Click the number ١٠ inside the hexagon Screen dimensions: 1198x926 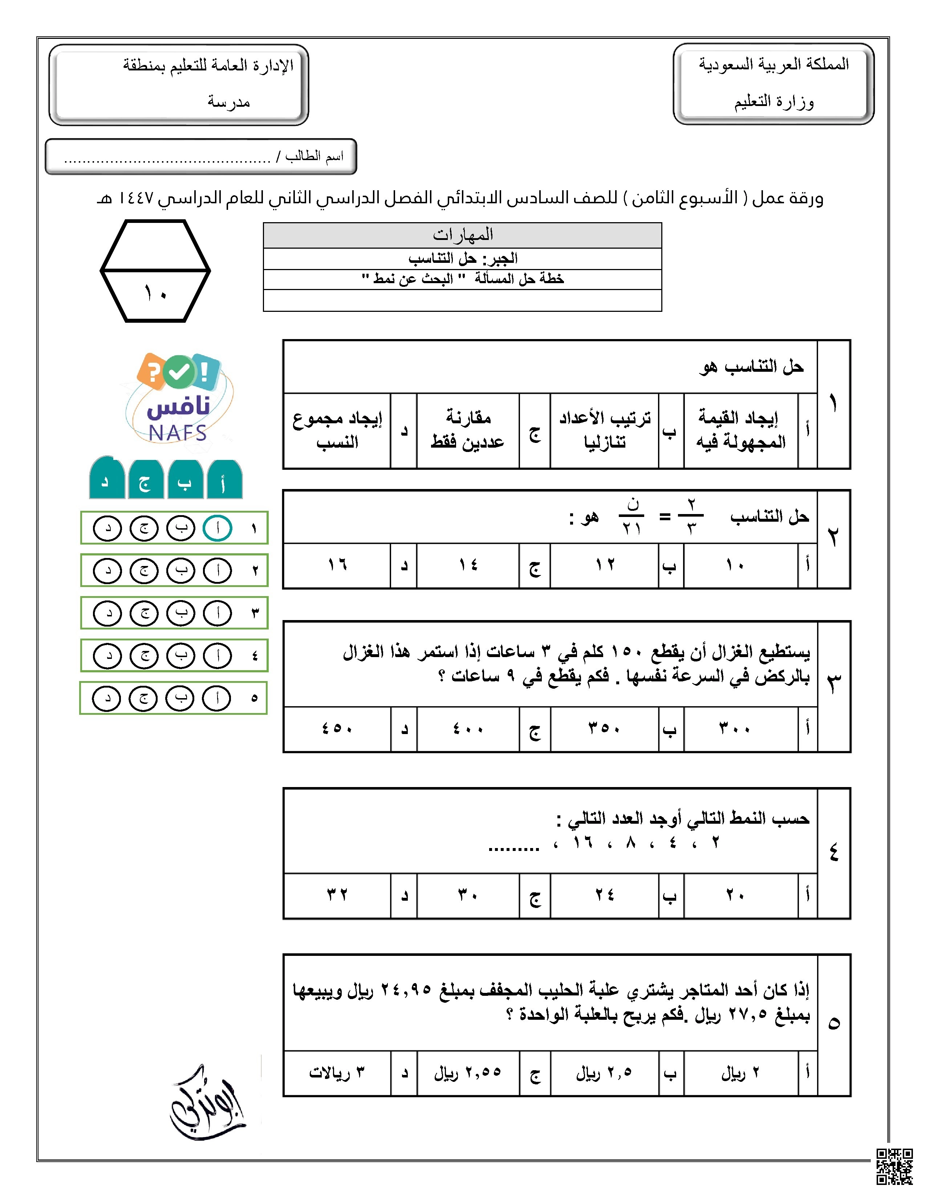[155, 294]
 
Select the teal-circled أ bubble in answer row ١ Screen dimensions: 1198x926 [217, 528]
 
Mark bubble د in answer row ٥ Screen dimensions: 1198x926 [106, 698]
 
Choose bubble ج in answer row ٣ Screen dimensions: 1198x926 [144, 613]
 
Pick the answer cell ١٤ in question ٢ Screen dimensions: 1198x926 [468, 565]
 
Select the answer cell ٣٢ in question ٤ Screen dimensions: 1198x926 [337, 895]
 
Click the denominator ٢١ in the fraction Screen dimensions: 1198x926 [631, 529]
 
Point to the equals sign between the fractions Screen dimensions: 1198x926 [664, 517]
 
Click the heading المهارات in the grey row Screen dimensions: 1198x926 [462, 235]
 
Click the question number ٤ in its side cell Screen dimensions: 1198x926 [833, 852]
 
